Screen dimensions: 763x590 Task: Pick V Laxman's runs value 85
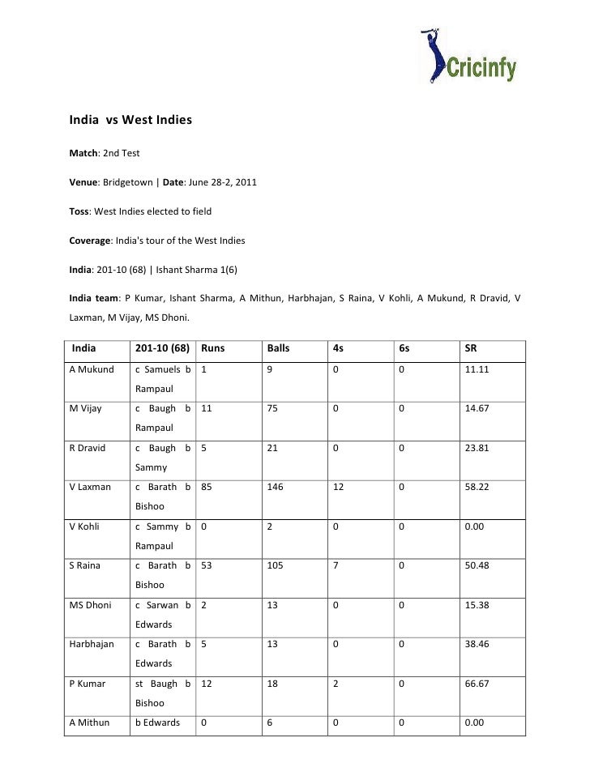tap(207, 487)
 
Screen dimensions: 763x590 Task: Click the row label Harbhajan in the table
tap(91, 642)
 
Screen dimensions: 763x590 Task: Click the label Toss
tap(79, 211)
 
